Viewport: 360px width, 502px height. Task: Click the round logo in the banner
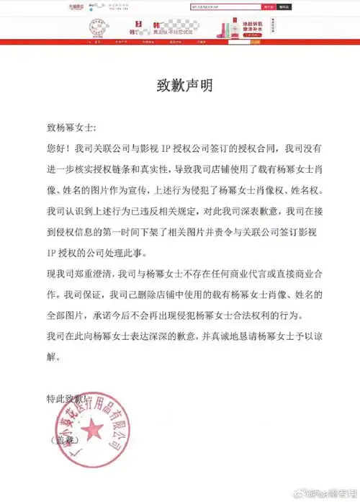pos(100,31)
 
